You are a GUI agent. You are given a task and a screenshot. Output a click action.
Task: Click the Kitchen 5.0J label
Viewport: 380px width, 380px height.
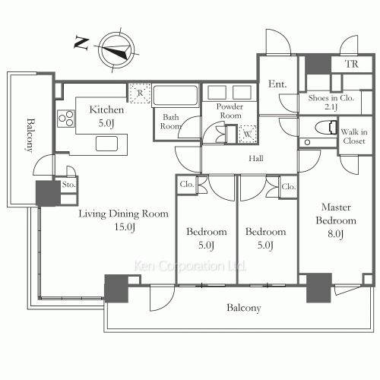click(106, 116)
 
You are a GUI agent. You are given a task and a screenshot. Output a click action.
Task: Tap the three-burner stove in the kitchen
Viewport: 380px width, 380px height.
click(66, 119)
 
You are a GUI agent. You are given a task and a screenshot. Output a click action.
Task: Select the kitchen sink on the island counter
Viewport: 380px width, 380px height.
click(106, 144)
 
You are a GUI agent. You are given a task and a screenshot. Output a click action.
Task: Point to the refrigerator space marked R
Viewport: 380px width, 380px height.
click(140, 93)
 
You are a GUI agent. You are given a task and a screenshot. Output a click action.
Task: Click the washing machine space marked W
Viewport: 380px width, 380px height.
click(247, 134)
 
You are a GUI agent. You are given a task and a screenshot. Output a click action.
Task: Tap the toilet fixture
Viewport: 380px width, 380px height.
click(326, 128)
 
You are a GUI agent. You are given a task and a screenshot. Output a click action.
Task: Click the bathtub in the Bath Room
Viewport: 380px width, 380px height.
click(176, 95)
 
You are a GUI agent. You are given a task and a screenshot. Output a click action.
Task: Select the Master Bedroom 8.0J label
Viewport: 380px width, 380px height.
click(336, 220)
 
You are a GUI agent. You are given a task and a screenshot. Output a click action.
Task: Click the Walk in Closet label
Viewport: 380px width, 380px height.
click(354, 136)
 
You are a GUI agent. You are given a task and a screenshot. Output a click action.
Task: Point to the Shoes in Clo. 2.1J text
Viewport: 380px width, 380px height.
click(331, 102)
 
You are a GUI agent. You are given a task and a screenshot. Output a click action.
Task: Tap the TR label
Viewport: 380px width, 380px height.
click(352, 64)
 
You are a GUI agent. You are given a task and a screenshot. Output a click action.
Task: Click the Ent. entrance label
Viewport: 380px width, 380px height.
click(277, 84)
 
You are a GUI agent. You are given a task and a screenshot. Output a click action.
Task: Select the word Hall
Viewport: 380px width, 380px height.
click(256, 159)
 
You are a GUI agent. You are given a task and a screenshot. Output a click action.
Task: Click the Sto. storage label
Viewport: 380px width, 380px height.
click(68, 185)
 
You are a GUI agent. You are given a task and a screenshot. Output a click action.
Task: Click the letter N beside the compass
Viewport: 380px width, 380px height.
click(81, 43)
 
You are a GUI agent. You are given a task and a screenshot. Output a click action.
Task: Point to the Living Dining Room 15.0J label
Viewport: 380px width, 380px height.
click(124, 220)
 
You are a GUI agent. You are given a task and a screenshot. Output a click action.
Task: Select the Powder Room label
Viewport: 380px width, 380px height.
click(230, 111)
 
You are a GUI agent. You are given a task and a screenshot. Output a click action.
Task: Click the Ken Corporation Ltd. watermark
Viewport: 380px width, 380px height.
click(190, 266)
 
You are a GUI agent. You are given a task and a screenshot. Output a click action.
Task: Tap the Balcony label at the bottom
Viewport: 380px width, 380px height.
click(244, 308)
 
